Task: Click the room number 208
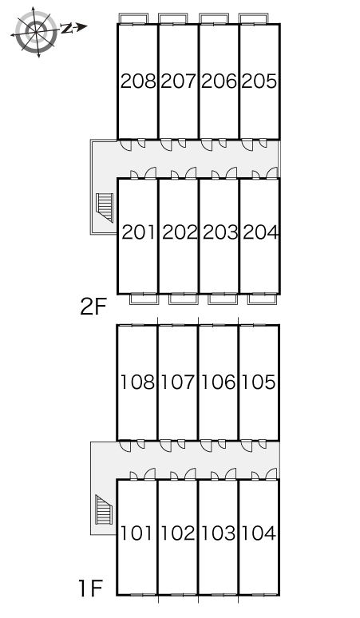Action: pos(138,81)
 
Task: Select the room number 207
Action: pos(178,81)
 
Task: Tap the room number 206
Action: pos(219,81)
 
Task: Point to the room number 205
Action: pos(259,81)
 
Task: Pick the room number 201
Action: pos(138,233)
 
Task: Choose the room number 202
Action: pos(178,233)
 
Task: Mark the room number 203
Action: pos(219,233)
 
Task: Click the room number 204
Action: pos(259,233)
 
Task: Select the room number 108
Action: pos(137,382)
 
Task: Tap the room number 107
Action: pos(177,382)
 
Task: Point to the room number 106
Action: pos(218,382)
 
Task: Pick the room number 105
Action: pos(259,382)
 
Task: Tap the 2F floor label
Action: pos(93,307)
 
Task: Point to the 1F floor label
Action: pos(91,590)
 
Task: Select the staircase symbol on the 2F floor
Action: pos(104,207)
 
